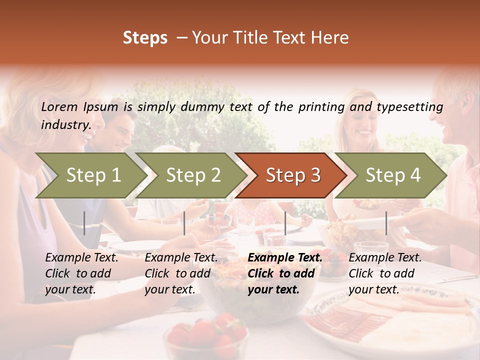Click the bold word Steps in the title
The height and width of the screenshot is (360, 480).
click(145, 38)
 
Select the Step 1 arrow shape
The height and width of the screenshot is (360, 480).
click(90, 175)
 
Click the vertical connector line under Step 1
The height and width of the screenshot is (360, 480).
click(84, 223)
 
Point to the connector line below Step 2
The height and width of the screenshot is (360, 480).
click(184, 223)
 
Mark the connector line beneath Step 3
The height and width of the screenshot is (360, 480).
click(285, 223)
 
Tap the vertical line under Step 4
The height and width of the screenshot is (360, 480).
click(386, 223)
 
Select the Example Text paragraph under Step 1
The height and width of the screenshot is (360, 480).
click(81, 273)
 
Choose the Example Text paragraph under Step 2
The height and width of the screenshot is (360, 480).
click(181, 273)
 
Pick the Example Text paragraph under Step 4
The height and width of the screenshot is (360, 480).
click(385, 273)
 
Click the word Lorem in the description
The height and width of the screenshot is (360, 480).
click(59, 107)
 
